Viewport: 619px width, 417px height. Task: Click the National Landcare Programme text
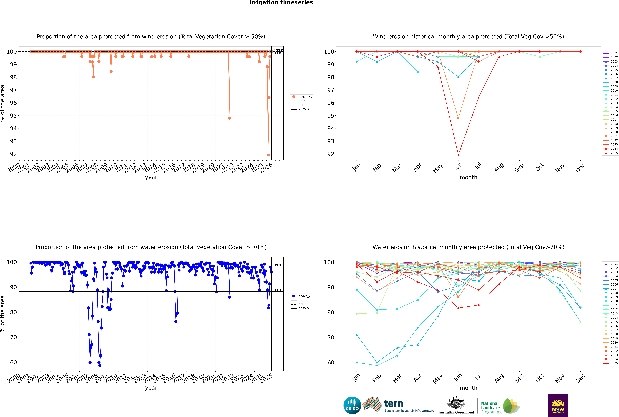490,407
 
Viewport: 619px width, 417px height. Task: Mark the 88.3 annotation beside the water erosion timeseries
277,290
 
